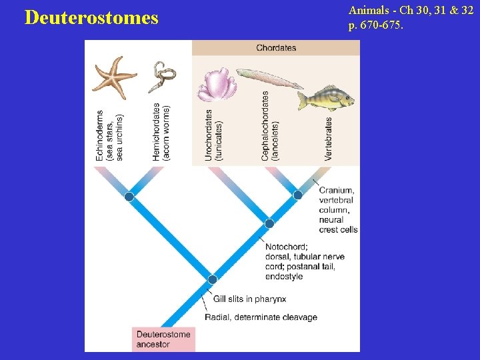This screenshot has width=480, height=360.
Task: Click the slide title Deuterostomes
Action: point(91,17)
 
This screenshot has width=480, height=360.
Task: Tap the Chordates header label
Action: point(276,48)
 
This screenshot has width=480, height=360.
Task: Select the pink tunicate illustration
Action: point(215,86)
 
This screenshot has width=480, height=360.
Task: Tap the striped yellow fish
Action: point(325,97)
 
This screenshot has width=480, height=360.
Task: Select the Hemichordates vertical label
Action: point(161,131)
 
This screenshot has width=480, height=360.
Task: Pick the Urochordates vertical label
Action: point(213,135)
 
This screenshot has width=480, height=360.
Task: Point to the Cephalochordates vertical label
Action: point(270,126)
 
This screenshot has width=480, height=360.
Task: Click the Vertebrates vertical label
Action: point(328,139)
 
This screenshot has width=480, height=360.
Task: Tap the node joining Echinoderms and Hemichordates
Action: point(129,197)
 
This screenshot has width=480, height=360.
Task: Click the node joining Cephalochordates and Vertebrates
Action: point(298,195)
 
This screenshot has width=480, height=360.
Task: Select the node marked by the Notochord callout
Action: point(269,223)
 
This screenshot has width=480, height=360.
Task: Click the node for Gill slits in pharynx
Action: point(212,279)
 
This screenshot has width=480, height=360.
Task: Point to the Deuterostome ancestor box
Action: point(164,339)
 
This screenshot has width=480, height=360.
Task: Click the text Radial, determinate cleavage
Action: point(261,317)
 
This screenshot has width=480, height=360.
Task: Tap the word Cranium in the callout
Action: point(336,191)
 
